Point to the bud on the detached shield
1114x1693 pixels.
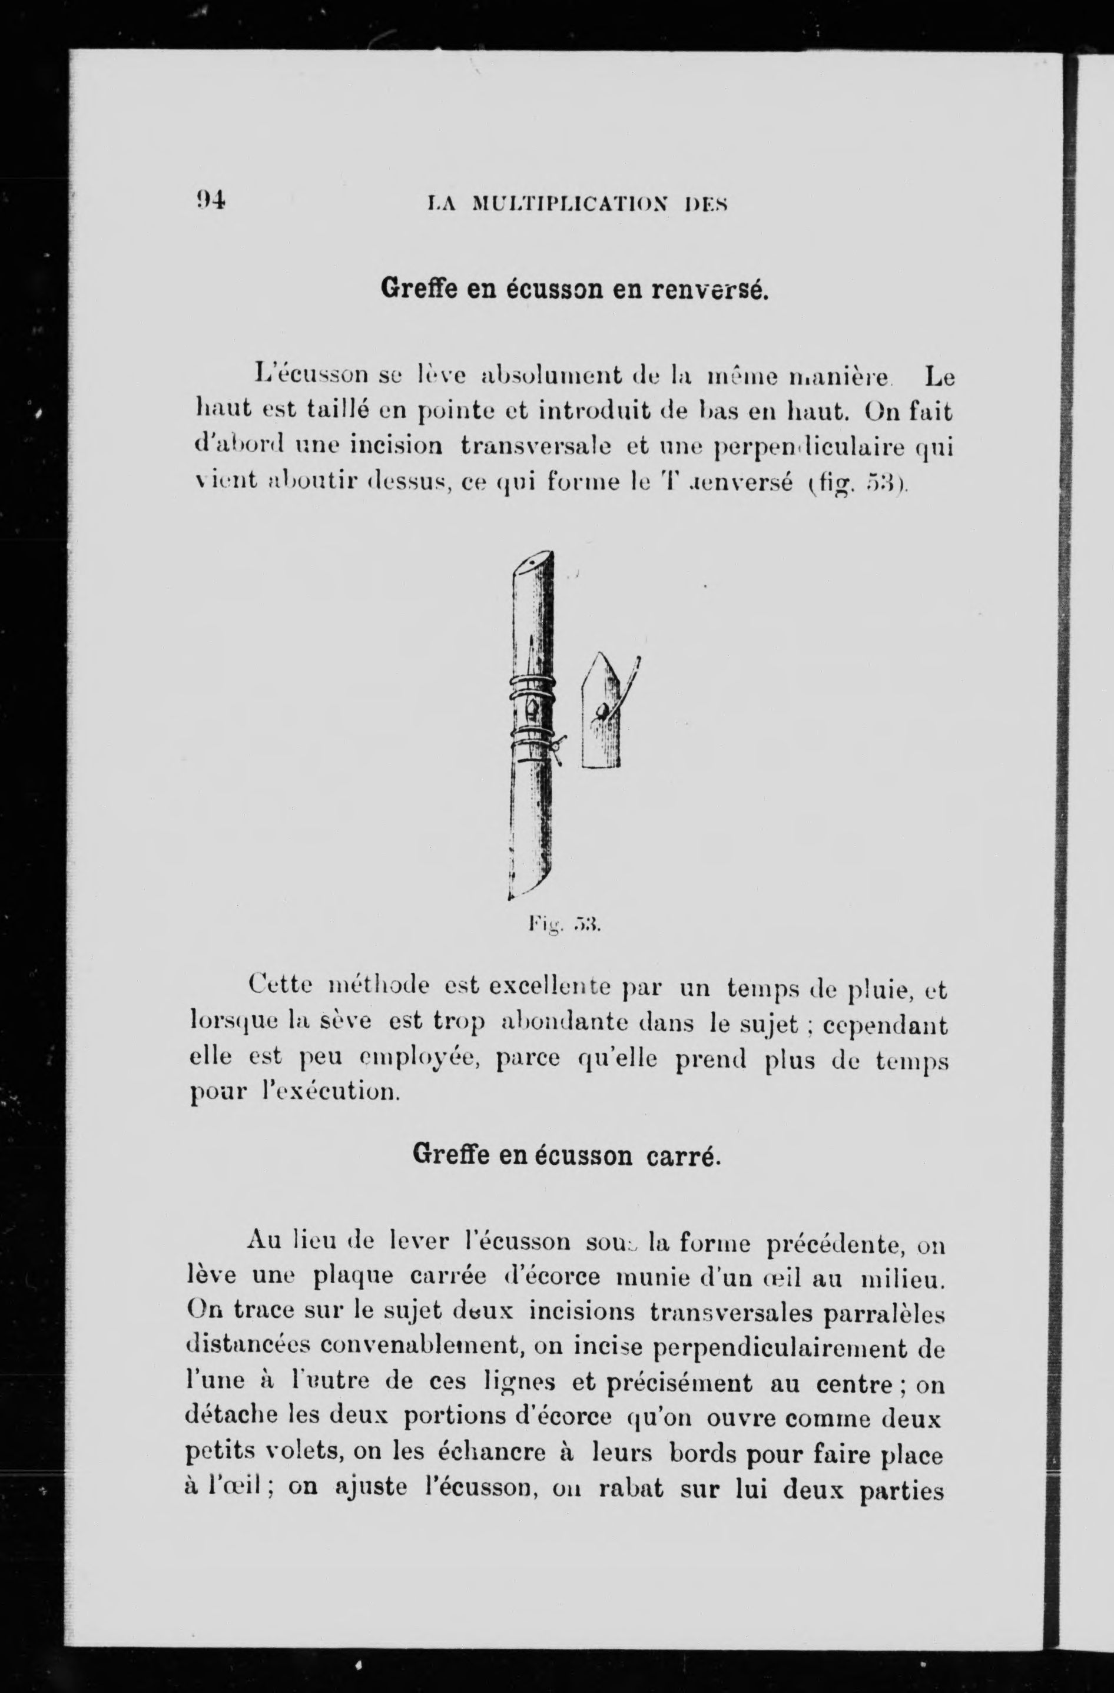click(x=602, y=711)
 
